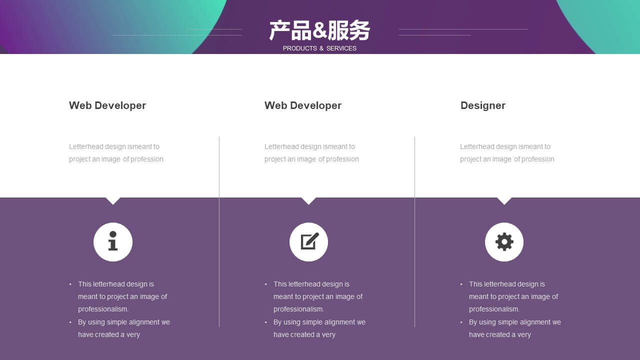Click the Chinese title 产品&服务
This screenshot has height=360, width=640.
tap(319, 30)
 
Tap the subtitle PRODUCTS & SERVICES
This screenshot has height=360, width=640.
tap(319, 48)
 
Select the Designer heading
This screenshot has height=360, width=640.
tap(483, 105)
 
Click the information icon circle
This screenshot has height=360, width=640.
tap(113, 242)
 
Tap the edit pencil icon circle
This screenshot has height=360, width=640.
tap(308, 242)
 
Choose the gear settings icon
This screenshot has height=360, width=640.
tap(504, 242)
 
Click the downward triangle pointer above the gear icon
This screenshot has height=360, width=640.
tap(504, 200)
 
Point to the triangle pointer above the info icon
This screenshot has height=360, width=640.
tap(113, 200)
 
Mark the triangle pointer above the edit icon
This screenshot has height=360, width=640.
tap(308, 200)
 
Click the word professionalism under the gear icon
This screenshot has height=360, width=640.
tap(494, 309)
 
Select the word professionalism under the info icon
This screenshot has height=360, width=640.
tap(103, 309)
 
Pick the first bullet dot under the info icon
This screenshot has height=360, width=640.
tap(70, 284)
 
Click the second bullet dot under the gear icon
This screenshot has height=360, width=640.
tap(461, 322)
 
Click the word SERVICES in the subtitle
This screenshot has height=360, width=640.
tap(341, 48)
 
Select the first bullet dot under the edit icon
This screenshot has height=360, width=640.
tap(265, 284)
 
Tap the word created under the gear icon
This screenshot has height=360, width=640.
tap(499, 334)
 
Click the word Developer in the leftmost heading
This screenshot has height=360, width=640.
tap(120, 105)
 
